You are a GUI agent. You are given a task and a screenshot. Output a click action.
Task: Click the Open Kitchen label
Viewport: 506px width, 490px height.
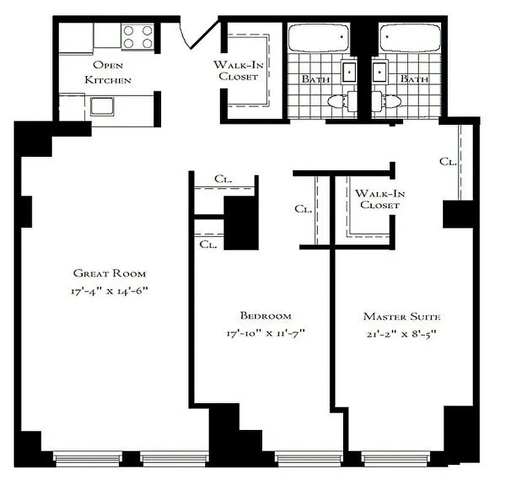click(x=108, y=72)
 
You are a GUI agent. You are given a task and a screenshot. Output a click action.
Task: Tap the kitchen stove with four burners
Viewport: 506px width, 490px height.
click(x=137, y=36)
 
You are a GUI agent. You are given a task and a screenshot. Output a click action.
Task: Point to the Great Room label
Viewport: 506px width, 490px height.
click(x=110, y=273)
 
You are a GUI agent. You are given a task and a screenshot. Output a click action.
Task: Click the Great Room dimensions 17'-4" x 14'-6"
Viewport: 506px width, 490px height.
click(x=110, y=291)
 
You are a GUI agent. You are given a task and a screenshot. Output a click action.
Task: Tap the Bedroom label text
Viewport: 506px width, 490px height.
click(x=265, y=315)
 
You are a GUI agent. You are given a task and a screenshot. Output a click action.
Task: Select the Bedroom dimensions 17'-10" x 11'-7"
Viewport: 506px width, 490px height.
click(x=265, y=334)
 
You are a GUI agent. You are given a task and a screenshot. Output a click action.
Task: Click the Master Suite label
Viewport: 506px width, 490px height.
click(x=402, y=317)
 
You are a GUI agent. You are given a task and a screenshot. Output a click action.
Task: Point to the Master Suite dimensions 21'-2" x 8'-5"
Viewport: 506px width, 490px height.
click(x=402, y=334)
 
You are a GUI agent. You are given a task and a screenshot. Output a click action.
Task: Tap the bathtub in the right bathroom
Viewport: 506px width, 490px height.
click(x=409, y=39)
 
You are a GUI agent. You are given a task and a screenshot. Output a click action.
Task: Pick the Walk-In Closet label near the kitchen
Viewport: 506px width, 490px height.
click(x=235, y=70)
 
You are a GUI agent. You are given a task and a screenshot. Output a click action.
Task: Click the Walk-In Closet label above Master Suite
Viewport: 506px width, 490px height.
click(x=380, y=199)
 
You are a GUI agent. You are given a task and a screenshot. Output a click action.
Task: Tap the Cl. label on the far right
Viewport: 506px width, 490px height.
click(x=448, y=162)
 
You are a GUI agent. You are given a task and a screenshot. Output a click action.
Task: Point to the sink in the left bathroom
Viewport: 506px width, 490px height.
click(x=350, y=72)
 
